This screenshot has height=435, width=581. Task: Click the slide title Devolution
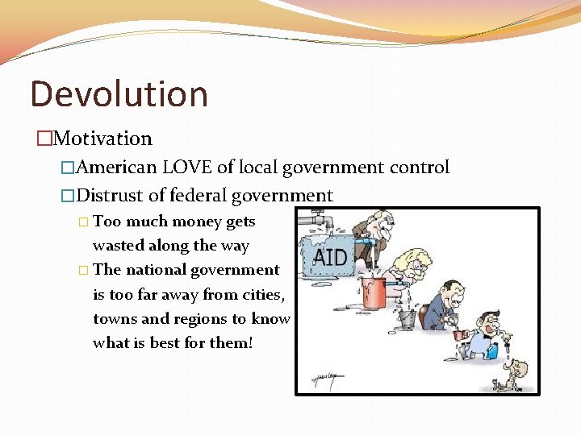pyautogui.click(x=119, y=94)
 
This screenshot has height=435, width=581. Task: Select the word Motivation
pyautogui.click(x=102, y=139)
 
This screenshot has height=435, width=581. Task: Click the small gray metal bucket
pyautogui.click(x=406, y=318)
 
